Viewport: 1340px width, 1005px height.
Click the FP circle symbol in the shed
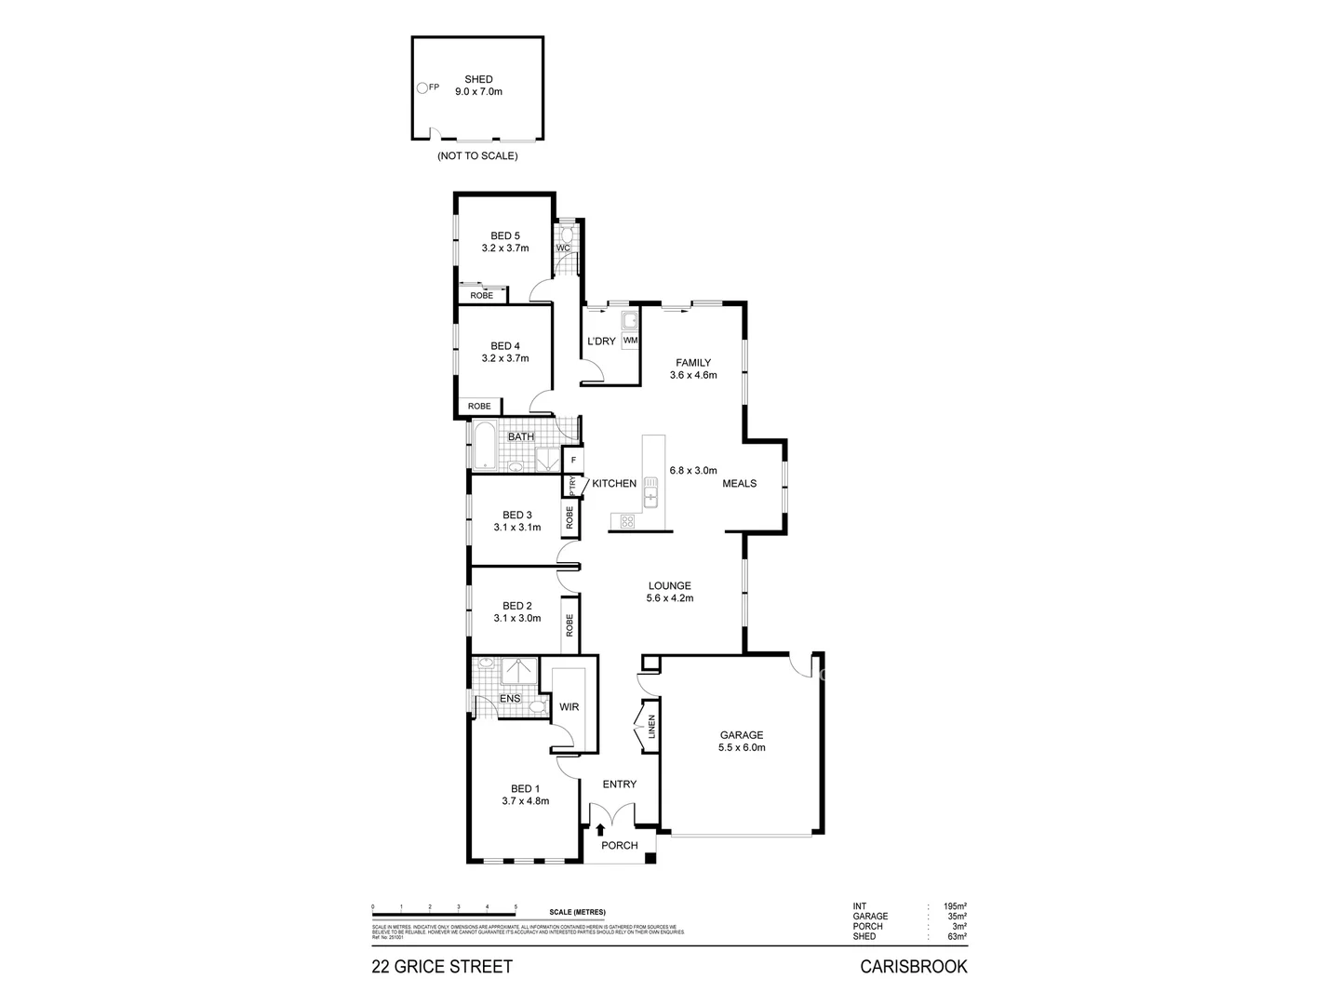click(422, 87)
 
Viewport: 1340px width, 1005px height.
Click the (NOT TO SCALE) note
click(477, 156)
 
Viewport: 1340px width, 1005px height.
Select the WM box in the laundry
click(630, 341)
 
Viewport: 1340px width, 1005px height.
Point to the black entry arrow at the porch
click(600, 829)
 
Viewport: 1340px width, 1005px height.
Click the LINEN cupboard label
click(651, 727)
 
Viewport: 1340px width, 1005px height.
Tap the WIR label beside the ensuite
click(569, 707)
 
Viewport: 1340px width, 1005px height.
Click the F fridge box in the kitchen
click(573, 461)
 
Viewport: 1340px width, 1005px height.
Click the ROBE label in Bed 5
click(481, 295)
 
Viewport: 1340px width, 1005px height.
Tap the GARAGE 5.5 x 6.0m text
click(741, 741)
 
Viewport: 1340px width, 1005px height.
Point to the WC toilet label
click(563, 248)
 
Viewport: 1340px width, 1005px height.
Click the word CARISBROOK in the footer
click(913, 967)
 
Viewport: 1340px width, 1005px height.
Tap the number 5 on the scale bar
click(516, 906)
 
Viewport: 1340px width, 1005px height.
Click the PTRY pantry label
click(572, 486)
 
